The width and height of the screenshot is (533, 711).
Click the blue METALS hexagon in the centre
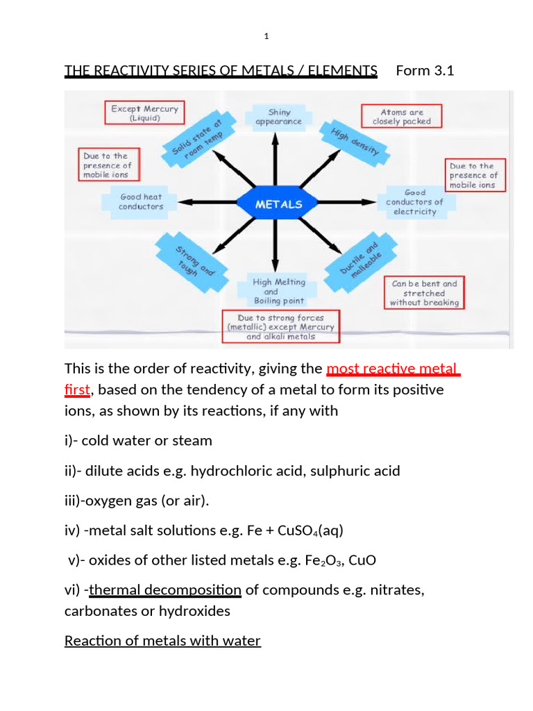click(279, 204)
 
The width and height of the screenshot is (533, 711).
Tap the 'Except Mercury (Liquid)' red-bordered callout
click(145, 113)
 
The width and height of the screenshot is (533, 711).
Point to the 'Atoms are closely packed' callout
click(401, 117)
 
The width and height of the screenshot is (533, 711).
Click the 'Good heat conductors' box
click(141, 202)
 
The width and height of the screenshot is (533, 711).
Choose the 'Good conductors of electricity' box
click(415, 201)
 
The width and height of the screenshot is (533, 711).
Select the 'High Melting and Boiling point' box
click(279, 292)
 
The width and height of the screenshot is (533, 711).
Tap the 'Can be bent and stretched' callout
click(424, 293)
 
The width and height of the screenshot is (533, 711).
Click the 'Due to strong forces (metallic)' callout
click(280, 327)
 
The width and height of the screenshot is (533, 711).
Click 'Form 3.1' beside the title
click(424, 70)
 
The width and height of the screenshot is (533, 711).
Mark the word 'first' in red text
click(77, 390)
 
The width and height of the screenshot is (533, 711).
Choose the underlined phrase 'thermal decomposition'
click(165, 590)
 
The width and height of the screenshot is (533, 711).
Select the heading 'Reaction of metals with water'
click(162, 640)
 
